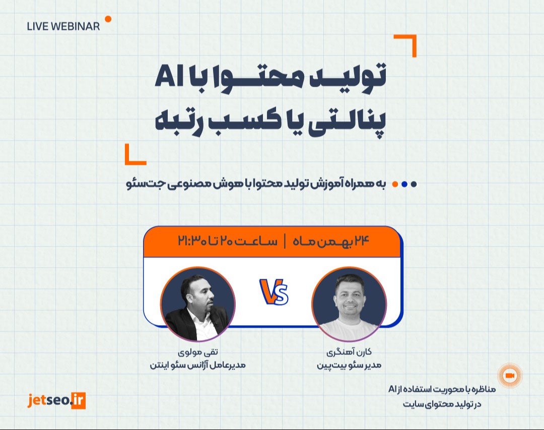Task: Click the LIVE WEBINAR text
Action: [63, 27]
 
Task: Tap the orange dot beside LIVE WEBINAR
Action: [108, 19]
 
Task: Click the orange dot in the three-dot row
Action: [395, 184]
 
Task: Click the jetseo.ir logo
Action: [57, 400]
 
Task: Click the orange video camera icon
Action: [509, 376]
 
